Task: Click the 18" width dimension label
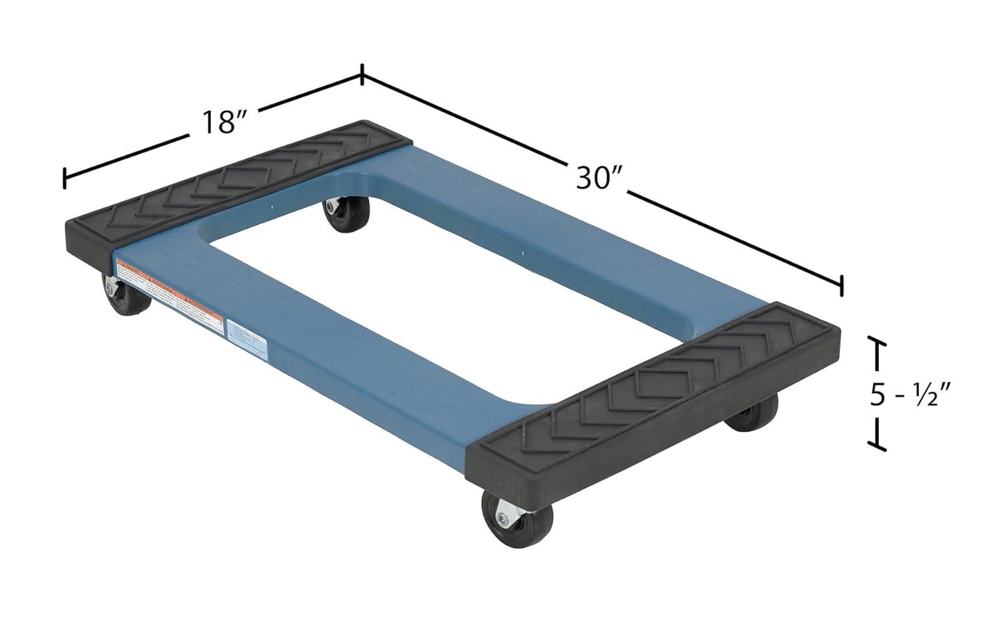(221, 122)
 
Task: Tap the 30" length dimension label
(599, 178)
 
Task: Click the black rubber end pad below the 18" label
(234, 190)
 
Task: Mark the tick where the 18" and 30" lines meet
(362, 74)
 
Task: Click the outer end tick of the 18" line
(64, 178)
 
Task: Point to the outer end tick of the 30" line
(842, 284)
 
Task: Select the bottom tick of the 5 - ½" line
(876, 443)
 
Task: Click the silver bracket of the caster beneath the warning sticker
(110, 287)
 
